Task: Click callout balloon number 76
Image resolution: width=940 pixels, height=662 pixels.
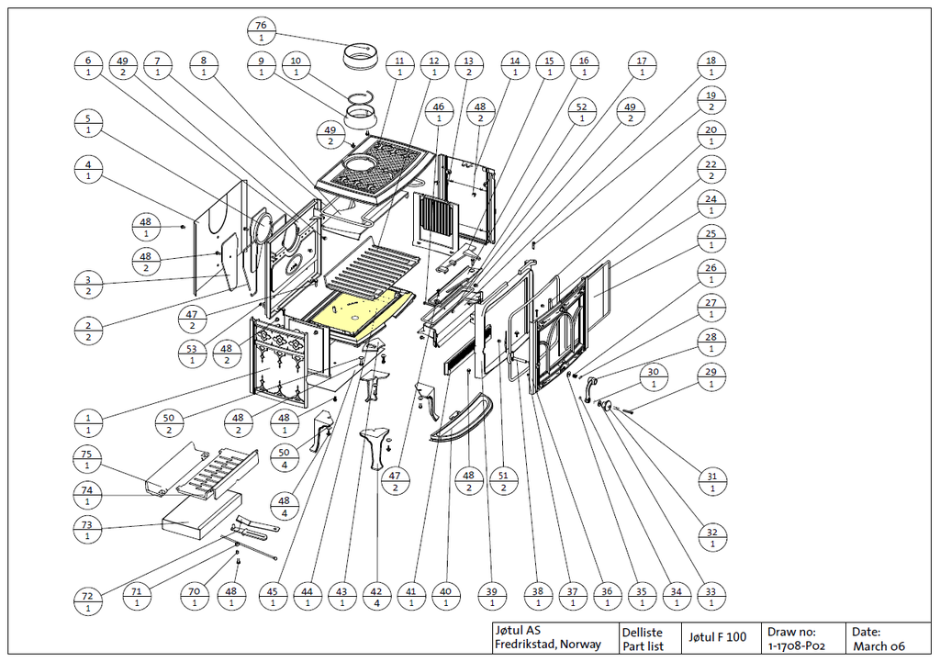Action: tap(262, 31)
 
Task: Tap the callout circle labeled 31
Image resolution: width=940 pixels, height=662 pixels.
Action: tap(712, 481)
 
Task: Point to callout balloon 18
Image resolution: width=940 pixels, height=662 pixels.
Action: tap(711, 65)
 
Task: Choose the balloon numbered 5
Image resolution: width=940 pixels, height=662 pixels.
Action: tap(88, 124)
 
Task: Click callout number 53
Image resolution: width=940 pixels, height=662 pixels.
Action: tap(193, 353)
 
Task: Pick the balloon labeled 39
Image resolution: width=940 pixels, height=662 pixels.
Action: tap(493, 596)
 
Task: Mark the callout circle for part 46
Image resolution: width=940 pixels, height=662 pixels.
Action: tap(439, 112)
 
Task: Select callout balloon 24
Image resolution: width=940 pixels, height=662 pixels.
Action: tap(711, 205)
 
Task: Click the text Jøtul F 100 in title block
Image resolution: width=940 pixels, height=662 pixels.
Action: tap(717, 636)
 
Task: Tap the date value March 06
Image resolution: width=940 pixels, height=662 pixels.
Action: tap(878, 646)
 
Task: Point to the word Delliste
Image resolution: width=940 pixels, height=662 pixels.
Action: tap(642, 632)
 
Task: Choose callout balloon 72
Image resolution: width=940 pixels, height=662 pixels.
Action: tap(87, 601)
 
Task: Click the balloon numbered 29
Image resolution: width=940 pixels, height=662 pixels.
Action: tap(711, 377)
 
